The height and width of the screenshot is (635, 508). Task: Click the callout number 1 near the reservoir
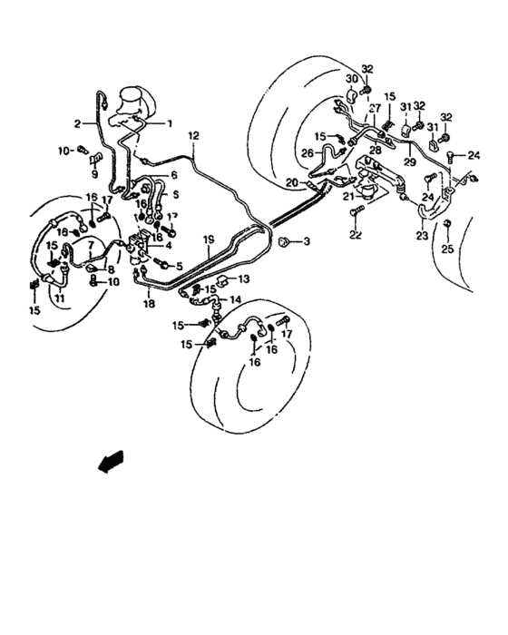(169, 122)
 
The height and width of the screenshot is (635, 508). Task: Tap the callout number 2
(77, 123)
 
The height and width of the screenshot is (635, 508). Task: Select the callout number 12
(193, 135)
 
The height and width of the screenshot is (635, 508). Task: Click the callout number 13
(243, 280)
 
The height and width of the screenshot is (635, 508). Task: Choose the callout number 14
(235, 299)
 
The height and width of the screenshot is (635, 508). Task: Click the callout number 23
(422, 235)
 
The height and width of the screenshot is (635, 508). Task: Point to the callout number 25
(446, 249)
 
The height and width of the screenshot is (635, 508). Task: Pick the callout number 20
(291, 182)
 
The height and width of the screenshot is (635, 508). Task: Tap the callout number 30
(351, 80)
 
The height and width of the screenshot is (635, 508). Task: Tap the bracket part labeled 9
(94, 161)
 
